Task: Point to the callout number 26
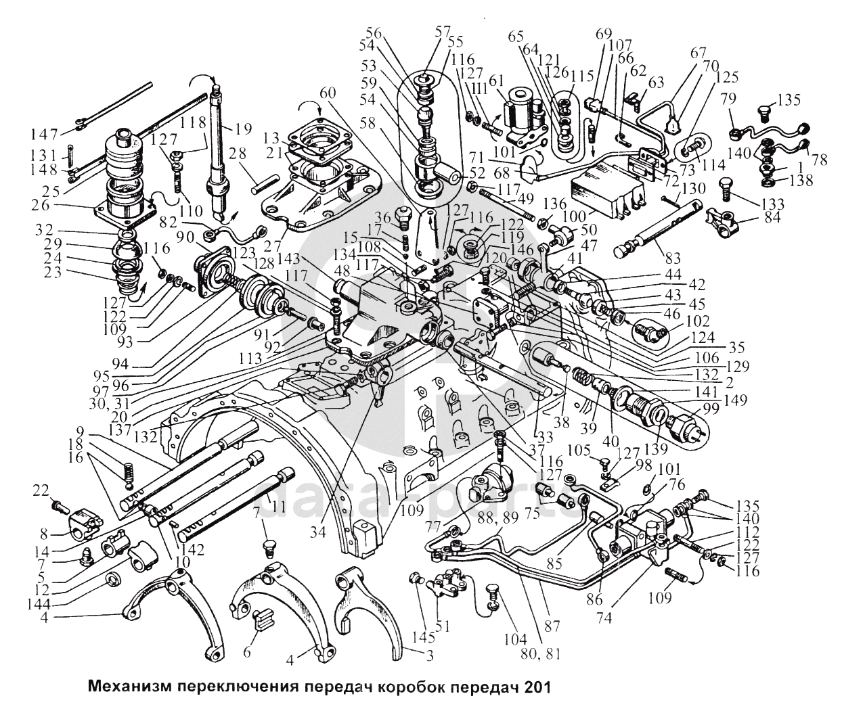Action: click(x=41, y=205)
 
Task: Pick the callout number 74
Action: click(x=605, y=618)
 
